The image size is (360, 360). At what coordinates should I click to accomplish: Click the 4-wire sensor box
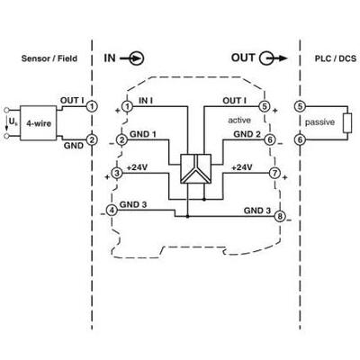tap(38, 122)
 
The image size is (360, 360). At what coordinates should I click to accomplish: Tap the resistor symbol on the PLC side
tap(347, 123)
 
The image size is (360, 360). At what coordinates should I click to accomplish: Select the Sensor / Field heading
tap(49, 58)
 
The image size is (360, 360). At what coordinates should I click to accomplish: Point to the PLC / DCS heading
tap(336, 58)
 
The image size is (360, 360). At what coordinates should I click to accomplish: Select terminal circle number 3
tap(117, 173)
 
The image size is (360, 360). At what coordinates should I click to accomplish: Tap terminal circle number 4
tap(112, 211)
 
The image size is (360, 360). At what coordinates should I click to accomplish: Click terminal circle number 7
tap(274, 173)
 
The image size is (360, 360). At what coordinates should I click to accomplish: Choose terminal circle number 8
tap(280, 216)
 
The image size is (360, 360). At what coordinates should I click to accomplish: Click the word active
tap(239, 121)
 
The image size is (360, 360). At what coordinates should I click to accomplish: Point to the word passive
tap(319, 122)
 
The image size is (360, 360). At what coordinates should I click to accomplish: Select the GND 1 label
tap(143, 134)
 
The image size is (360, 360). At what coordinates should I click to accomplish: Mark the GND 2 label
tap(247, 134)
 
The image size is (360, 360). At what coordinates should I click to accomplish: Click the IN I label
tap(146, 101)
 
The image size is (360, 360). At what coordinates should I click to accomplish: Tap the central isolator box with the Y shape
tap(195, 168)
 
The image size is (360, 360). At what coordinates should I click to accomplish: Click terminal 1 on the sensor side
tap(92, 106)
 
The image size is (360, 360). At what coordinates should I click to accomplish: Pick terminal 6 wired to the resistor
tap(300, 139)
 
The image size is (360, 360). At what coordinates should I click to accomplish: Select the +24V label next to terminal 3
tap(137, 167)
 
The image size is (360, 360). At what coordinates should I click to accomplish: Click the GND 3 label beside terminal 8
tap(257, 211)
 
